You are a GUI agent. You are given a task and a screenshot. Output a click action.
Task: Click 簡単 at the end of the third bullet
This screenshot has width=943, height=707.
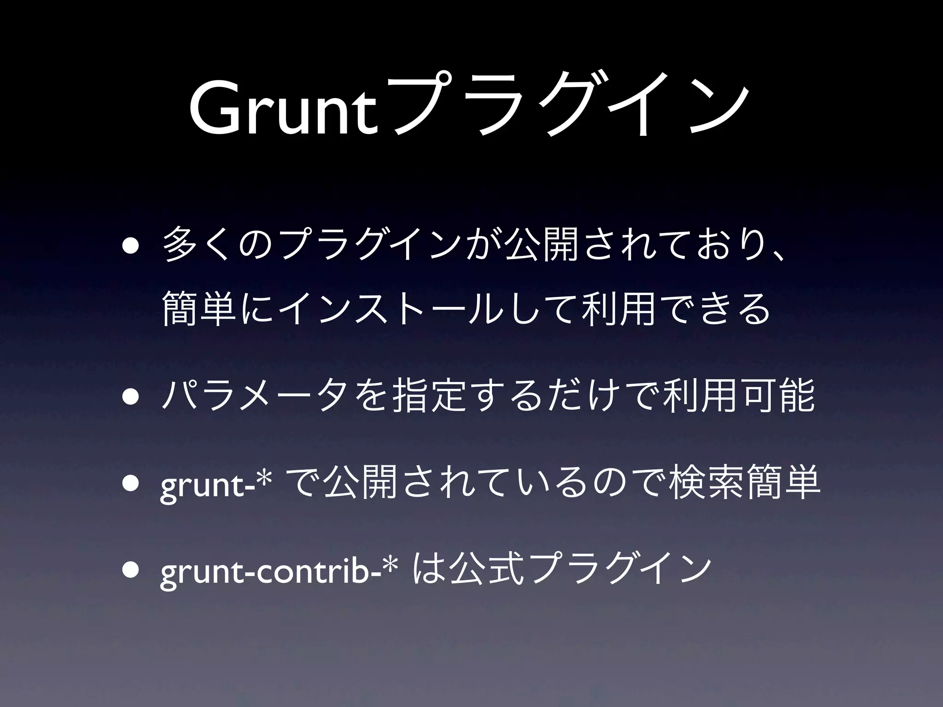point(783,483)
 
